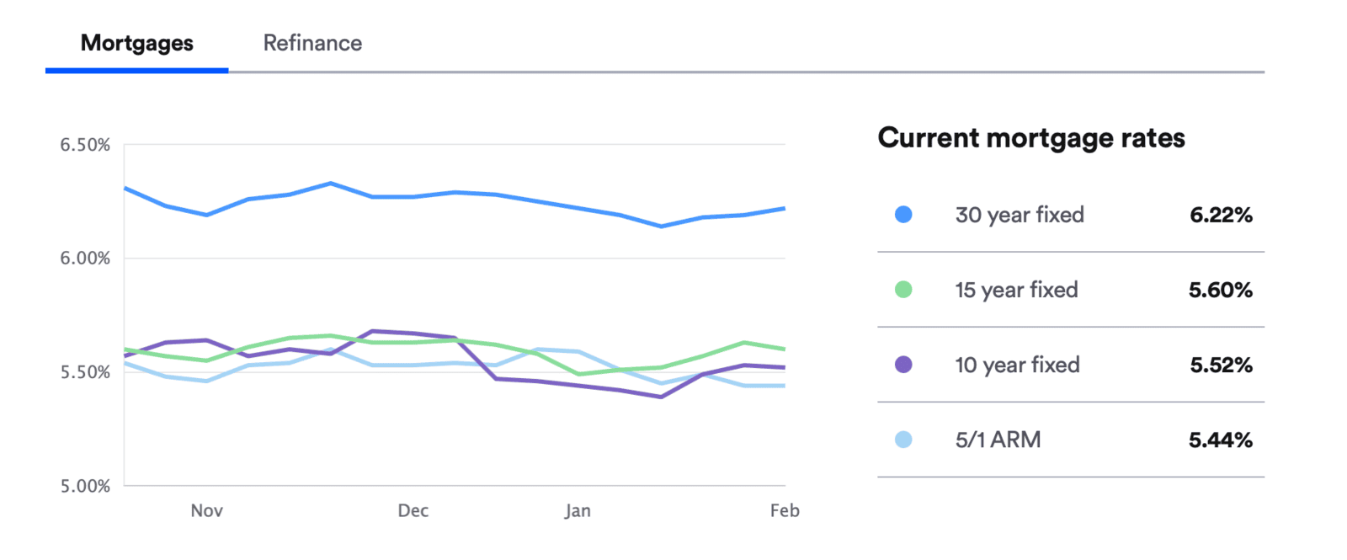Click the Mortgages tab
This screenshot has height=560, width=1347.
[x=136, y=44]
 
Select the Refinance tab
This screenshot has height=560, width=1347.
[x=312, y=44]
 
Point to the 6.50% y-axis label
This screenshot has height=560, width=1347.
[x=85, y=145]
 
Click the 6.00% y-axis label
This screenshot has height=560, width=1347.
[x=85, y=259]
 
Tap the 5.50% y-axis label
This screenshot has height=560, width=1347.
[x=85, y=372]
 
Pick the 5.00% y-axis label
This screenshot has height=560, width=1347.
[x=85, y=486]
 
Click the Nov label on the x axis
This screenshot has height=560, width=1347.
[x=206, y=510]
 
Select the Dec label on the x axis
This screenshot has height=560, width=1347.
[x=413, y=510]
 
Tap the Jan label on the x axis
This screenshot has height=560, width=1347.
[x=578, y=510]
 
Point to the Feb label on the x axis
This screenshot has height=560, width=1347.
[x=785, y=510]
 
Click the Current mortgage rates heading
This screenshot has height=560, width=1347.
[x=1031, y=138]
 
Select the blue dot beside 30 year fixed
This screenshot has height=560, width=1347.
[x=903, y=215]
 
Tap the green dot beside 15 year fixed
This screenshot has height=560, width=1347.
[x=903, y=290]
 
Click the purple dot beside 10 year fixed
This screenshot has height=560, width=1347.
[x=903, y=365]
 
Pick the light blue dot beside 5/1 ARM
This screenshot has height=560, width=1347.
[x=903, y=440]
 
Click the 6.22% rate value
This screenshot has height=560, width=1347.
[x=1221, y=216]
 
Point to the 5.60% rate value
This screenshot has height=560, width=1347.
[x=1221, y=291]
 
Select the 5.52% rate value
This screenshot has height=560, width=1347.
[x=1221, y=365]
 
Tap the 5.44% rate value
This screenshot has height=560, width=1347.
[x=1221, y=440]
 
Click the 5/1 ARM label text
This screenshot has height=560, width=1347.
[x=998, y=440]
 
